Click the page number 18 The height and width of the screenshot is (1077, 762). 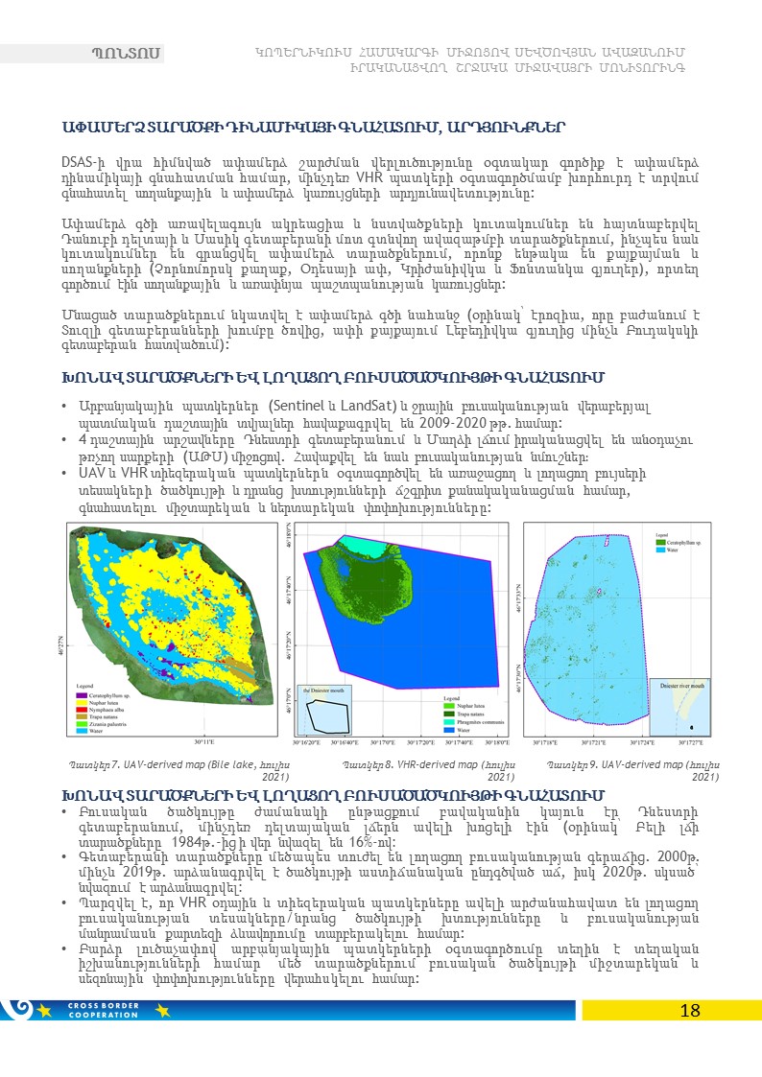(689, 1011)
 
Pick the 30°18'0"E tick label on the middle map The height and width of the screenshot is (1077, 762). (496, 740)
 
